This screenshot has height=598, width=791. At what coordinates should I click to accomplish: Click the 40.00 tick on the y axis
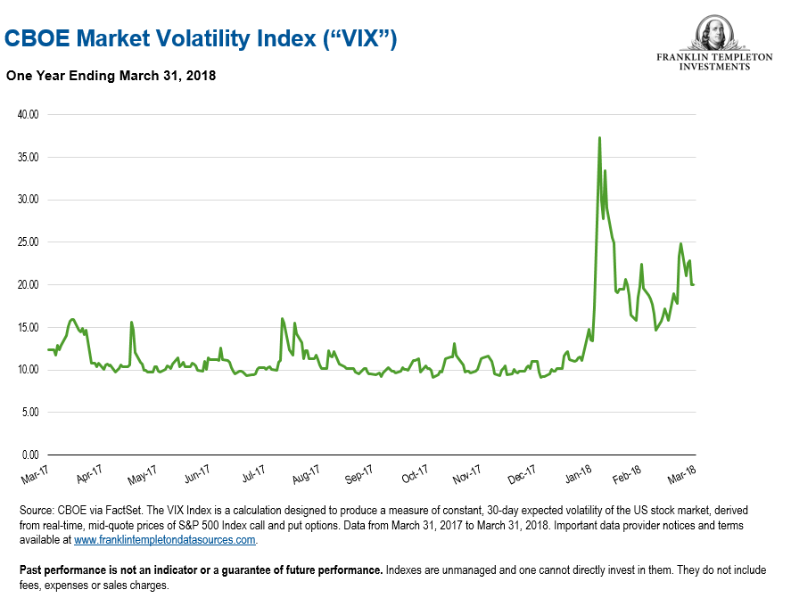[x=29, y=115]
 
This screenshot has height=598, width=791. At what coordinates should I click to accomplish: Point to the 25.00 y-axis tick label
[x=29, y=242]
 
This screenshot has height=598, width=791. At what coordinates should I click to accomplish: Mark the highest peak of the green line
[x=599, y=138]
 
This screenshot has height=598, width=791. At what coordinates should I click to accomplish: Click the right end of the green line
[x=695, y=284]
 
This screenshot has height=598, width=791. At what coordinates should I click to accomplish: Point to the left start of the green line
[x=47, y=349]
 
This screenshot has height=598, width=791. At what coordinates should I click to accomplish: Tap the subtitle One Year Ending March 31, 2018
[x=111, y=77]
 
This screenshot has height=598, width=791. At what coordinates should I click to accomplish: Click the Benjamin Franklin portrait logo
[x=714, y=33]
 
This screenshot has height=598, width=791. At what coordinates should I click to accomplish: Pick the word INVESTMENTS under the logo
[x=714, y=66]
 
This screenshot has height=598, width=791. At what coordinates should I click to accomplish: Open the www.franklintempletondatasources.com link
[x=165, y=540]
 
